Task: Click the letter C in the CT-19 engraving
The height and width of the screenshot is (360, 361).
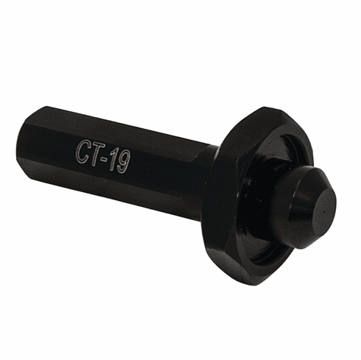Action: point(84,150)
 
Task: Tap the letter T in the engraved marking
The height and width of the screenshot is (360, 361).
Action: point(97,154)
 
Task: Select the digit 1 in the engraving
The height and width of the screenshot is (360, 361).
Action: point(114,160)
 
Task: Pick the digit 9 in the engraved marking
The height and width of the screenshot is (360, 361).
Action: point(124,163)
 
